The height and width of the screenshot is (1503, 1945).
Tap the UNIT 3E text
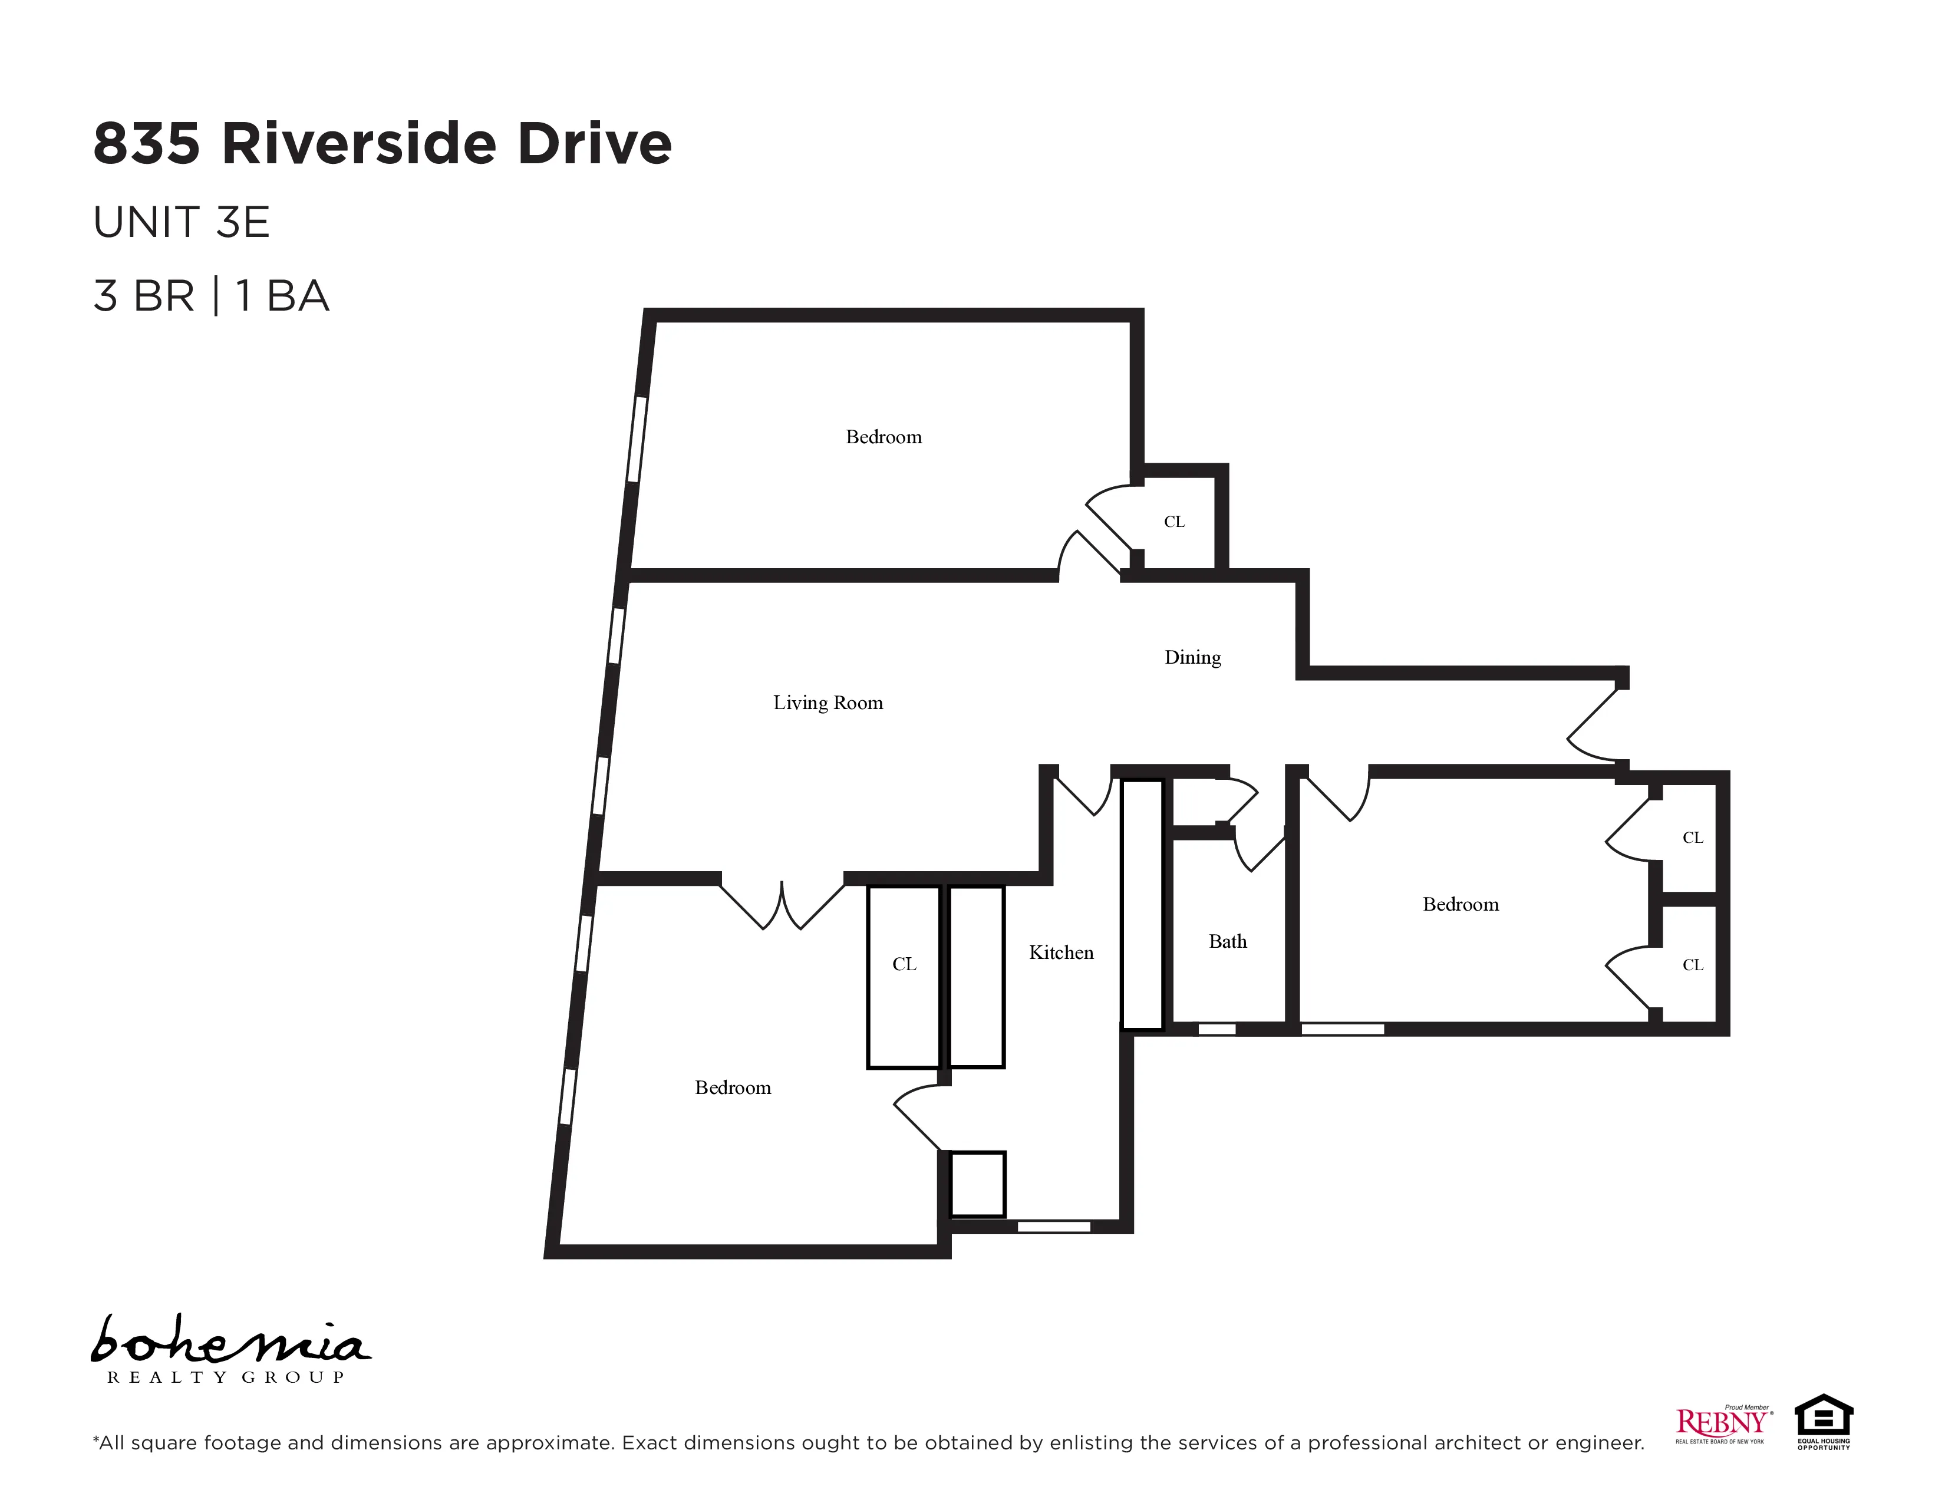(x=181, y=223)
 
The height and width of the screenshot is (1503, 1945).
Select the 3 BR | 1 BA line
(x=211, y=296)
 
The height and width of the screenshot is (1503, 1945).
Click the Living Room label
(x=828, y=703)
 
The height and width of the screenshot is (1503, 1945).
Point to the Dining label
(x=1192, y=657)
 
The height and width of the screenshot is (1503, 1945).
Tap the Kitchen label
(x=1061, y=952)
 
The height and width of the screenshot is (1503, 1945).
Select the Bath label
(x=1227, y=941)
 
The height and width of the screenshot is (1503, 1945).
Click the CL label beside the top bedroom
(x=1173, y=522)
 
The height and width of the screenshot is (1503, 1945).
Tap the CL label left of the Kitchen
(x=904, y=964)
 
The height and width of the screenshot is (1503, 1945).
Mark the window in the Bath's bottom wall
(x=1217, y=1029)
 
